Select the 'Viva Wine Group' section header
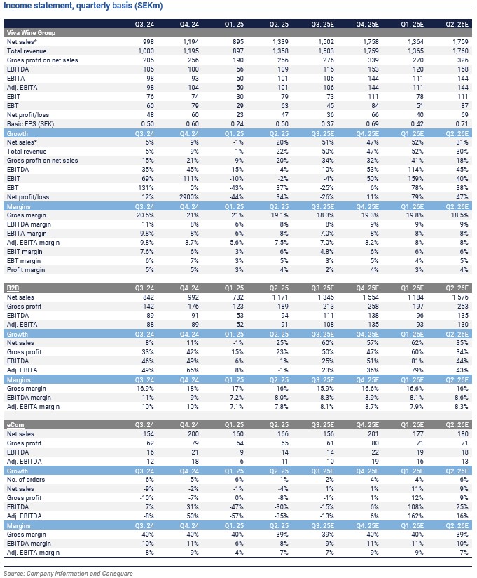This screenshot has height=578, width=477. (x=31, y=33)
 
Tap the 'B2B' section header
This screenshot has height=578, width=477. (x=13, y=288)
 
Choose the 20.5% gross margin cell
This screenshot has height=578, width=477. (x=144, y=215)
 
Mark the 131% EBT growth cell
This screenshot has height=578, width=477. (x=145, y=188)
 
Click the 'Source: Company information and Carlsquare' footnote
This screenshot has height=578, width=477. (x=70, y=573)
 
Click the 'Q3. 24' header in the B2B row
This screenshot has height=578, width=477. (x=143, y=288)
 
